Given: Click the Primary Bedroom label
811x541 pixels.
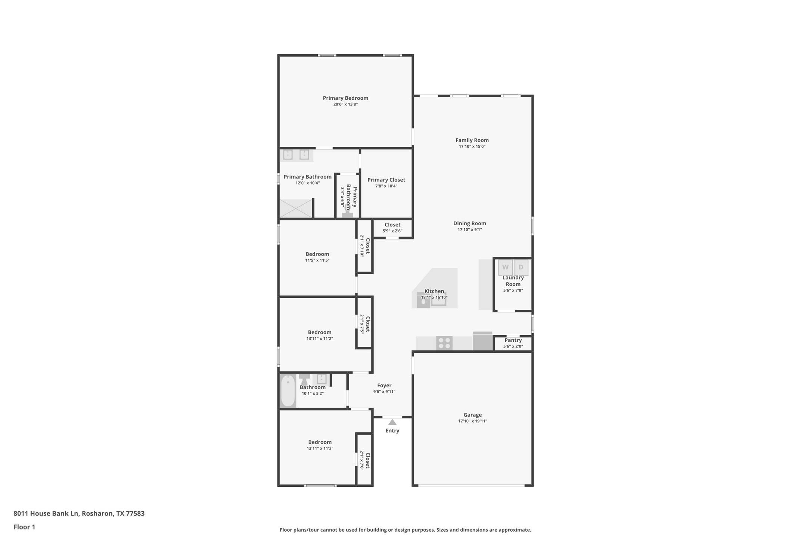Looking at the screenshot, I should point(345,98).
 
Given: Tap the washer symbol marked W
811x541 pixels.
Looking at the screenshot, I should point(505,268).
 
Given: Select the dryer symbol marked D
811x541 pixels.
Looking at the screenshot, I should point(521,268).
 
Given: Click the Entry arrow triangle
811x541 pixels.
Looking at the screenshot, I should point(392,422).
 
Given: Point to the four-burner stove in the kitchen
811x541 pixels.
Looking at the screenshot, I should point(444,343).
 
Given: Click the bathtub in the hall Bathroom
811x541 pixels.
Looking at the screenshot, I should point(288,391).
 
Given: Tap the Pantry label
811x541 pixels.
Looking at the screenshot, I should point(513,340).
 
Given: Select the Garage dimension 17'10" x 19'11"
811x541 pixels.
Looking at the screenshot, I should point(472,421).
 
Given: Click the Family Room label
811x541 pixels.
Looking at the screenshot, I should point(472,140).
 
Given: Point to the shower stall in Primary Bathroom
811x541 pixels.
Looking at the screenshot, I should point(296,208).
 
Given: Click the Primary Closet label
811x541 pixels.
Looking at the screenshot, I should point(386,180).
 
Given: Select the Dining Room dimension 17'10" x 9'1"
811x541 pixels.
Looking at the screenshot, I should point(470,229).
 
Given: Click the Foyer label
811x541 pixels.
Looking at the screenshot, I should point(384,385).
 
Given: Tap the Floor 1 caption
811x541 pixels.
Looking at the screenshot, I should point(24,527).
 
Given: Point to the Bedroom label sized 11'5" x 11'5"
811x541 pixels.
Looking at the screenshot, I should point(317,254).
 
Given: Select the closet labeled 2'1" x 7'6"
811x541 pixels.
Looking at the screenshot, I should point(365,460).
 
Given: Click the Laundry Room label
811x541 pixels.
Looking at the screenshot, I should point(513,281).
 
